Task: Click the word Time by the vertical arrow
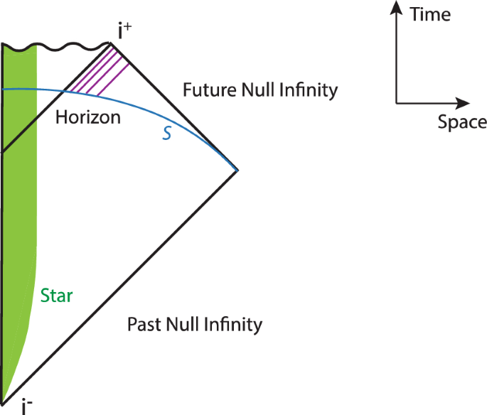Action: (431, 14)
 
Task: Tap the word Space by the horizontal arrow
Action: (462, 122)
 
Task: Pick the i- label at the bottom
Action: (26, 406)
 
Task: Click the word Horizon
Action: (87, 117)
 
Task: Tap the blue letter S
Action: (167, 133)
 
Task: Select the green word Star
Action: (57, 295)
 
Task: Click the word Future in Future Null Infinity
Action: (206, 91)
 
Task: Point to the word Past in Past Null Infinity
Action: (143, 325)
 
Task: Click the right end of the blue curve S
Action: (235, 170)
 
